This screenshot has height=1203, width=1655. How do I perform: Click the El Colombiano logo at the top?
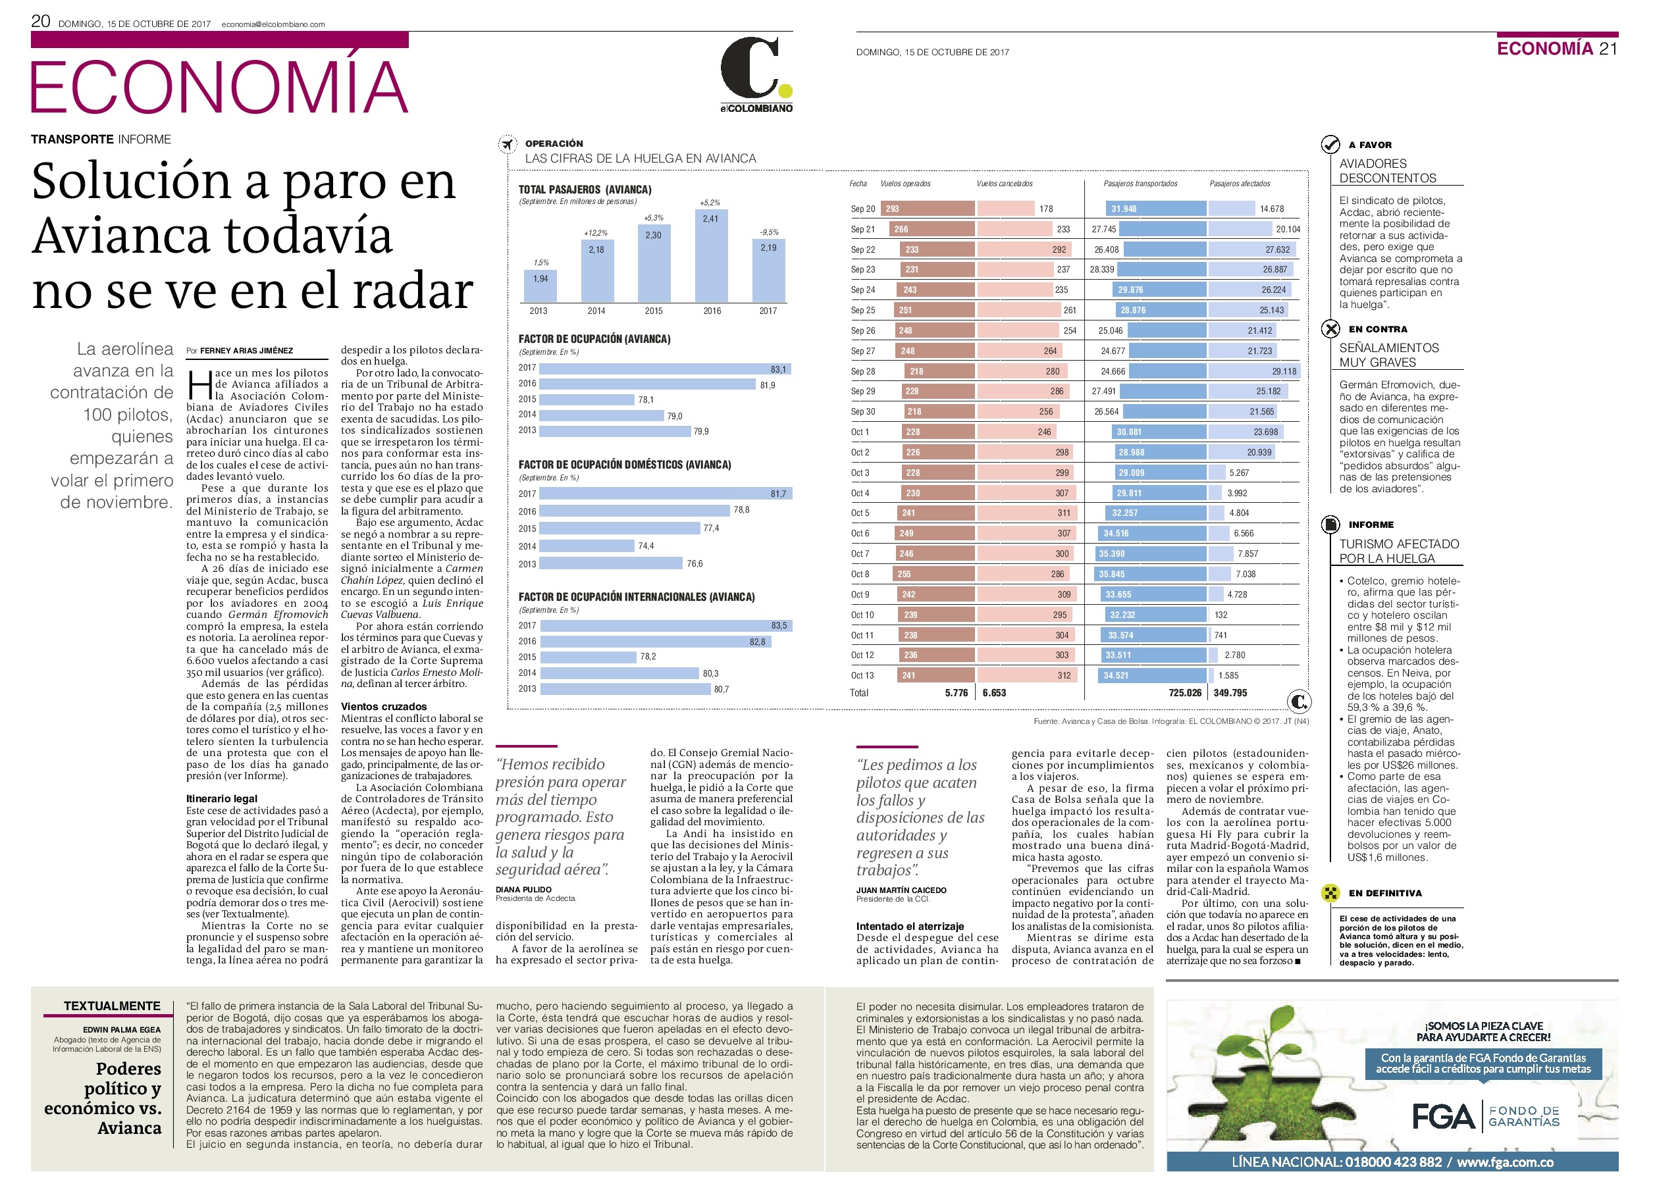pos(756,75)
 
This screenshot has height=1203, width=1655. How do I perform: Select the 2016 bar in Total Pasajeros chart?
pos(711,255)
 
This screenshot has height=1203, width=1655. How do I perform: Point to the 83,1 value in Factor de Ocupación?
pos(779,369)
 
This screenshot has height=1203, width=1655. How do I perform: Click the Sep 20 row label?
pos(862,209)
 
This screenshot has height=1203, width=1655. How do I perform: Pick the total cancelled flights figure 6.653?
pos(994,692)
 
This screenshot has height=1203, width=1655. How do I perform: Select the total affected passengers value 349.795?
pos(1230,692)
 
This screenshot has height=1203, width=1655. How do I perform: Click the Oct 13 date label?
pos(862,676)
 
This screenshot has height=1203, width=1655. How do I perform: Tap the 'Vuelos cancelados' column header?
pos(1004,184)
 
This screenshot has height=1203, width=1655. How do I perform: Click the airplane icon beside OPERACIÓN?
pos(507,144)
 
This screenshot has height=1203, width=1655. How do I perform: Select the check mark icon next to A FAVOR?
pos(1330,144)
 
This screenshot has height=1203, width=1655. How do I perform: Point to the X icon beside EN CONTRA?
pos(1330,329)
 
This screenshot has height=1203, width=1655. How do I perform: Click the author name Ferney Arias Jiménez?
pos(247,351)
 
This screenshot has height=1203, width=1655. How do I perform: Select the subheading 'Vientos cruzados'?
pos(384,706)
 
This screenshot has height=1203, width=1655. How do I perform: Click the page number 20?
pos(40,21)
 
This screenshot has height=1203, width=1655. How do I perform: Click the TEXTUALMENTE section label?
pos(112,1006)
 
